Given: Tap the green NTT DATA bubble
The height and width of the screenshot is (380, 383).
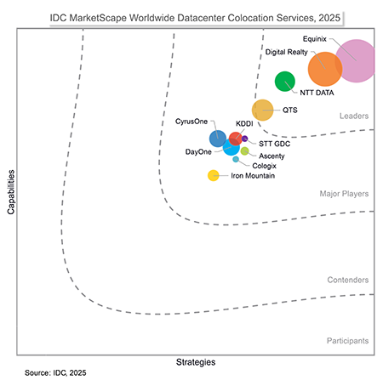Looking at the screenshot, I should pos(284,82).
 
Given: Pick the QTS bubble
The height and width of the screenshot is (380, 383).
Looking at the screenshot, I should pos(263,110).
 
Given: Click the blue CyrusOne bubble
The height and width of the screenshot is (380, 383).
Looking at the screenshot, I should pos(218,139).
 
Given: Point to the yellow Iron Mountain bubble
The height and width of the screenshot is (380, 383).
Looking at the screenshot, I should pos(213,176).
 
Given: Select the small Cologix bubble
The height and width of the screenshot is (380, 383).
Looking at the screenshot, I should pos(236,159).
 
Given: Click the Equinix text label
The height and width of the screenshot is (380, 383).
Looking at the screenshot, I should pos(316,39).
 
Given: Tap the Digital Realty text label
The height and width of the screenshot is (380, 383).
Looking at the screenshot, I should pos(286,52).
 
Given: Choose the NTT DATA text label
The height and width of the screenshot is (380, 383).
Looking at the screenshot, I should pos(316,93).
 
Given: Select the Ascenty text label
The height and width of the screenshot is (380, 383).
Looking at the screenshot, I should pos(272,156).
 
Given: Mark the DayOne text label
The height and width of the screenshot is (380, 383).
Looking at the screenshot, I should pos(198,152).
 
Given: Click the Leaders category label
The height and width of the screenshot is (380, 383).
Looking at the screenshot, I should pos(353,116).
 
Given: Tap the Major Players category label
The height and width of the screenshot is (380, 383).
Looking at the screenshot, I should pos(344,194).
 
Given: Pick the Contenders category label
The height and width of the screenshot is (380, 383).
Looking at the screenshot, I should pos(347,280).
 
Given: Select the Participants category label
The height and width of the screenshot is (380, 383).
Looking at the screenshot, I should pos(347,341).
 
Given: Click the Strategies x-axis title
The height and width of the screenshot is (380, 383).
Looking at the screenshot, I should pos(195,362).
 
